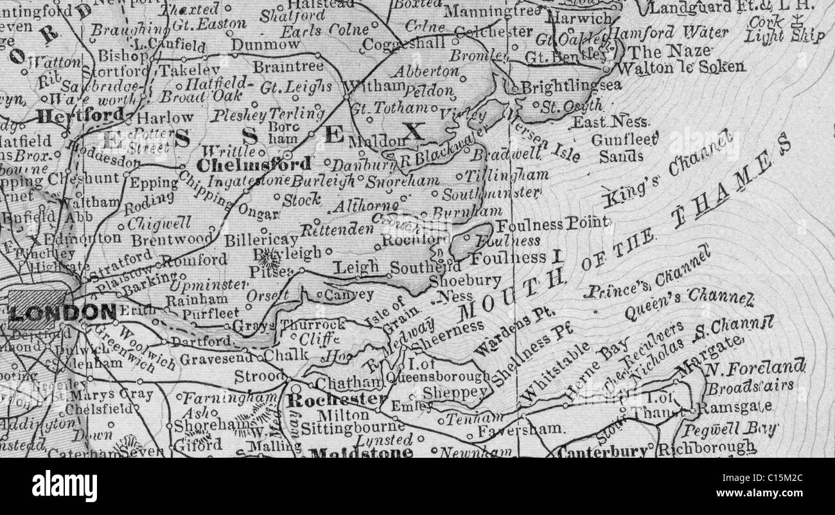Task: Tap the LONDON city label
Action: (62, 313)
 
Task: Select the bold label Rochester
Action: (337, 400)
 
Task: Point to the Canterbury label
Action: (602, 451)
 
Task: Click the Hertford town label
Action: (80, 116)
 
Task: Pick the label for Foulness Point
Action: (552, 224)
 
